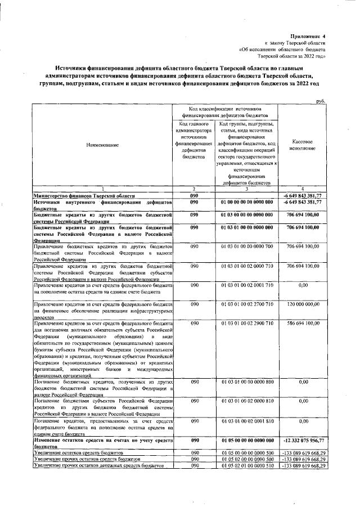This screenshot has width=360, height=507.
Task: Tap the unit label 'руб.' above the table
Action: pyautogui.click(x=322, y=101)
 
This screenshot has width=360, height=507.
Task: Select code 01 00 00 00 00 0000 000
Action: pyautogui.click(x=247, y=201)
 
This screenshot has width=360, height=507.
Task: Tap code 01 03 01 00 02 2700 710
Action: pyautogui.click(x=247, y=304)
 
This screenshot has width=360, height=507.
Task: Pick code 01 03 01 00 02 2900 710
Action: pyautogui.click(x=247, y=324)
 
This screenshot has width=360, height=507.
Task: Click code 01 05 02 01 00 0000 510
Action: pyautogui.click(x=247, y=466)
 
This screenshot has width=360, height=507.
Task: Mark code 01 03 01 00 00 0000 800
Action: pyautogui.click(x=247, y=382)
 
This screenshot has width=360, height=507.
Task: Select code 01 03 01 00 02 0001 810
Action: pyautogui.click(x=247, y=420)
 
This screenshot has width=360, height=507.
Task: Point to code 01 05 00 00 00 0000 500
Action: pyautogui.click(x=247, y=452)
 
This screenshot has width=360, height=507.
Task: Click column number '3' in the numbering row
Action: pyautogui.click(x=247, y=189)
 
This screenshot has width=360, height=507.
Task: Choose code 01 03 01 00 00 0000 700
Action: pyautogui.click(x=247, y=246)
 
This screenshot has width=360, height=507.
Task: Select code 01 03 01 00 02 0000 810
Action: pyautogui.click(x=247, y=401)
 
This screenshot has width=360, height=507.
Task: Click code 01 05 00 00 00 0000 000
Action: pyautogui.click(x=247, y=439)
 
